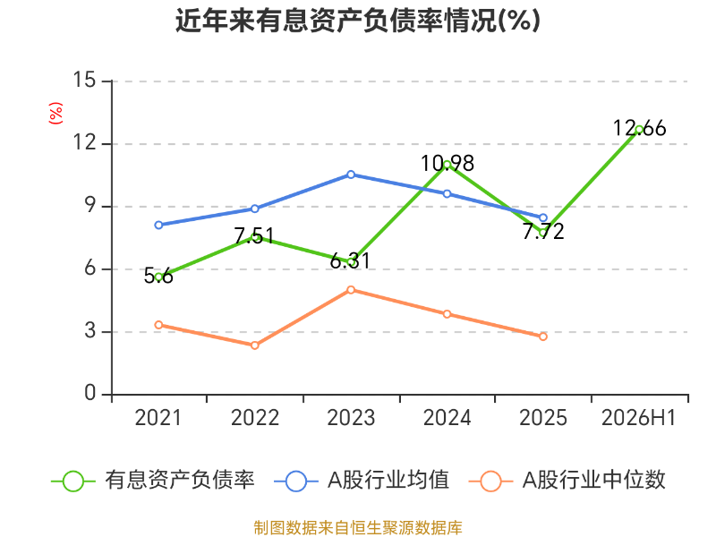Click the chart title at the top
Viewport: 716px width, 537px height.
click(358, 21)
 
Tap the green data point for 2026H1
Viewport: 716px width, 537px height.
click(639, 130)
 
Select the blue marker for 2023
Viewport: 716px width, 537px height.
click(351, 175)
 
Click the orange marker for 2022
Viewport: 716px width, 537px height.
click(255, 345)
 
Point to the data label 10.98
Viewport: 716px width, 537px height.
click(447, 164)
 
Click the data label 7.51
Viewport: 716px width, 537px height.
click(254, 236)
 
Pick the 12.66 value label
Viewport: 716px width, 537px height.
click(639, 128)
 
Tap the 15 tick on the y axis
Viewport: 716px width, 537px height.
click(84, 80)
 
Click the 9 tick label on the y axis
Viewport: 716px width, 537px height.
click(90, 206)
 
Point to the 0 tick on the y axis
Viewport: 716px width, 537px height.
click(90, 393)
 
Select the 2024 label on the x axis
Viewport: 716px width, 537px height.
click(447, 418)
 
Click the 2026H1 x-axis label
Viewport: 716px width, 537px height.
click(638, 418)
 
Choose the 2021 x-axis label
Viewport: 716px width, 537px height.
click(158, 418)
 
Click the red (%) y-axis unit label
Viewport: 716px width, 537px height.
click(55, 114)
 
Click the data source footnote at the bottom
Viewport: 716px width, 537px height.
click(358, 528)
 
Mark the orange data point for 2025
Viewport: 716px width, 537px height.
click(543, 337)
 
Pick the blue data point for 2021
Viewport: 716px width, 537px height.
click(158, 226)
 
